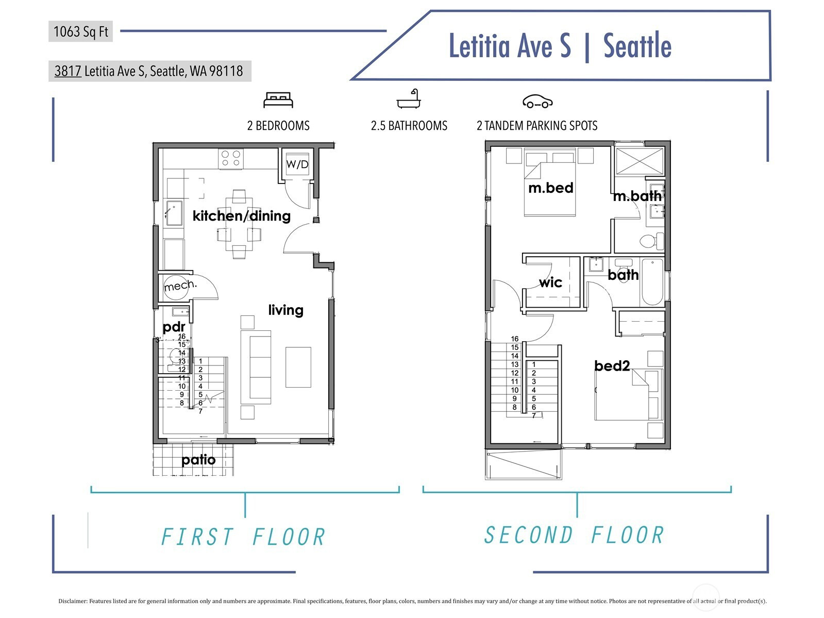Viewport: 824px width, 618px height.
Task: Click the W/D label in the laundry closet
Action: tap(297, 164)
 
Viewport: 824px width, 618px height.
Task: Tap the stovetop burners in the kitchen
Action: tap(231, 159)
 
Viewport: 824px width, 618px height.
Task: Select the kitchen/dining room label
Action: tap(241, 216)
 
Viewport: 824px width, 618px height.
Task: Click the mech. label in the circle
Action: tap(180, 286)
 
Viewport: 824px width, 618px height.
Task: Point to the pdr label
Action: tap(174, 327)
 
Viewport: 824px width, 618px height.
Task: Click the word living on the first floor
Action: tap(285, 310)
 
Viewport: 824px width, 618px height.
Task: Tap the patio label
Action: tap(198, 460)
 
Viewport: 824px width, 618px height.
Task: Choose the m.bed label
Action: tap(551, 188)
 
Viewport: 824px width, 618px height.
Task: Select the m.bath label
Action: tap(637, 196)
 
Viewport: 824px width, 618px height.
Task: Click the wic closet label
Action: tap(550, 282)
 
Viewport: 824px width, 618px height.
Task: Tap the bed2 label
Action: tap(612, 365)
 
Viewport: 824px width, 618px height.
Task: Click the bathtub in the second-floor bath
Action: tap(652, 282)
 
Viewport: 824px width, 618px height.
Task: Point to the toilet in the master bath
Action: tap(652, 241)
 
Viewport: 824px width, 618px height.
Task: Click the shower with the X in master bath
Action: tap(640, 161)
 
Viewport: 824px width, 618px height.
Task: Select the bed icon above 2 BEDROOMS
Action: tap(278, 100)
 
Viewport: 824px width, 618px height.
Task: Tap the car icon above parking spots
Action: tap(537, 102)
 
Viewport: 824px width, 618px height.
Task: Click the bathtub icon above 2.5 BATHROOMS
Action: tap(409, 99)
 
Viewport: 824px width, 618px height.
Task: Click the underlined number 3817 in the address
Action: tap(68, 71)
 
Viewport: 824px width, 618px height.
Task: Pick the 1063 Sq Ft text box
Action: tap(81, 31)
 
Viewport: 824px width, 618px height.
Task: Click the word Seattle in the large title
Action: tap(637, 46)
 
